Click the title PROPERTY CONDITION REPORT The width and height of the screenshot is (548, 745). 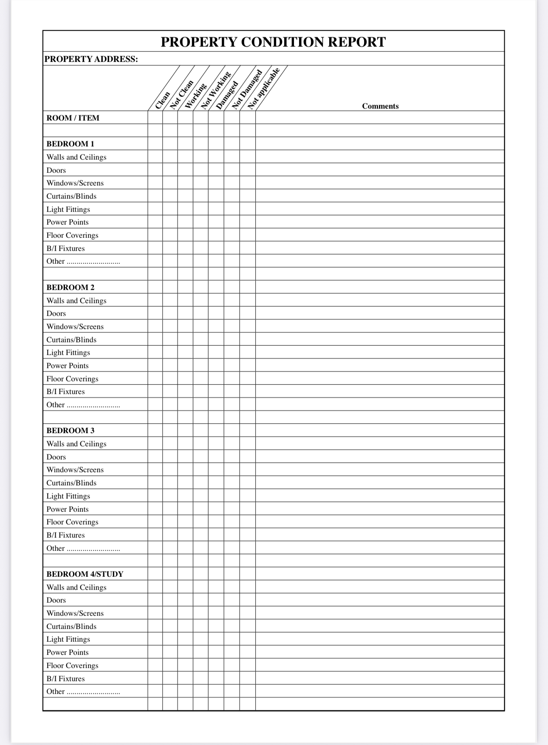click(273, 42)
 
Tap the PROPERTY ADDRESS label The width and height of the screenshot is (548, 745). click(91, 59)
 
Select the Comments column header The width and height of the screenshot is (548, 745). click(380, 106)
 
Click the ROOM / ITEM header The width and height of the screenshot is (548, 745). click(73, 118)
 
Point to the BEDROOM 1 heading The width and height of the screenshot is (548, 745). click(71, 144)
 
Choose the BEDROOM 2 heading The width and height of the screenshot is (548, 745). click(71, 288)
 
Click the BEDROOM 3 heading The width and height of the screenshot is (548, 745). click(71, 431)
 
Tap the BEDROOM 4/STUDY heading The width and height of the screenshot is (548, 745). click(85, 574)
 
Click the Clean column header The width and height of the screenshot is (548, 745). click(163, 100)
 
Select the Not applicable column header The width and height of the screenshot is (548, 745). click(264, 88)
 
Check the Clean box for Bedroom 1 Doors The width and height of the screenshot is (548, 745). click(155, 170)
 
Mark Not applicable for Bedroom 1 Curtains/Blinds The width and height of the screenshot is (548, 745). click(247, 196)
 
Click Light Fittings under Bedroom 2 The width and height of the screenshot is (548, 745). click(68, 353)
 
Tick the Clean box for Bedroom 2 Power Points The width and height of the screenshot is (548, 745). click(155, 366)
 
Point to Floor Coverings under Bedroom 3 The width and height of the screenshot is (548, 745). click(72, 522)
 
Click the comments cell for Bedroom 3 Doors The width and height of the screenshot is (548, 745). click(380, 457)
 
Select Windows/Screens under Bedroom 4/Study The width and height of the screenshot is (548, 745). click(75, 613)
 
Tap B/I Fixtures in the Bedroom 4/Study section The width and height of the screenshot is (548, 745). click(66, 679)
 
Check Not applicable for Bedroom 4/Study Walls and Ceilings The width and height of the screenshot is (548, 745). click(247, 587)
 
